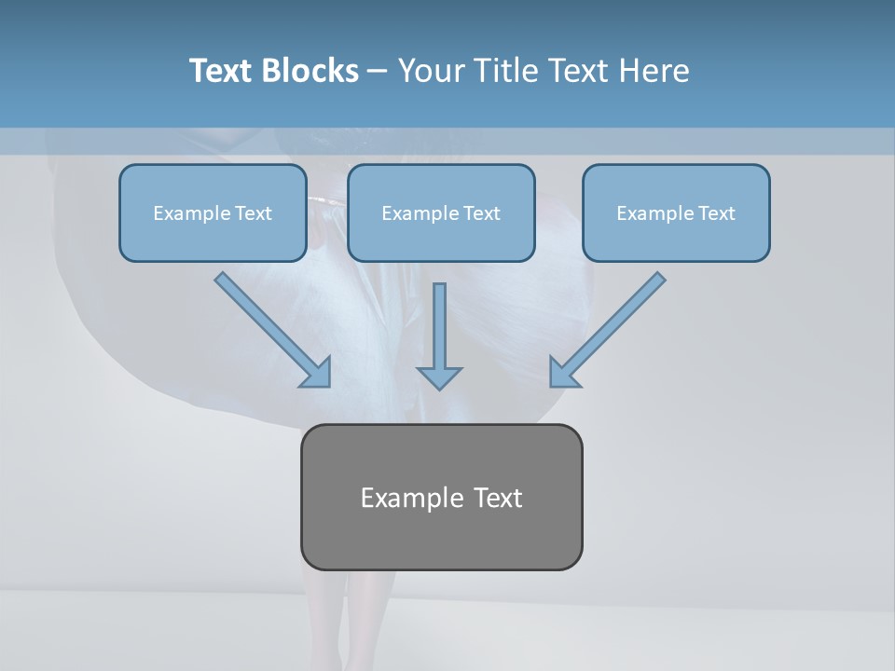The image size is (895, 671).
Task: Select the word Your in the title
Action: tap(432, 71)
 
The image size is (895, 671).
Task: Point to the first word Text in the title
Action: tap(223, 71)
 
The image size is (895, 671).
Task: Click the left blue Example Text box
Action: tap(213, 213)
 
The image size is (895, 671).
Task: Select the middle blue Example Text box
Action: tap(441, 213)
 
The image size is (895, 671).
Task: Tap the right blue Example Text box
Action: tap(676, 213)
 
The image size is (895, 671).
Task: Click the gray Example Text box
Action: tap(441, 497)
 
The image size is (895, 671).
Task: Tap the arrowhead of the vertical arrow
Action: tap(439, 377)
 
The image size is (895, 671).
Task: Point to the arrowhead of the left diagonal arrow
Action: tap(317, 373)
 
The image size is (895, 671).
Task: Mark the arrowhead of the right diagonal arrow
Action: tap(562, 373)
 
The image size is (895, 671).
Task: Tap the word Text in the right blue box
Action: tap(716, 213)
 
